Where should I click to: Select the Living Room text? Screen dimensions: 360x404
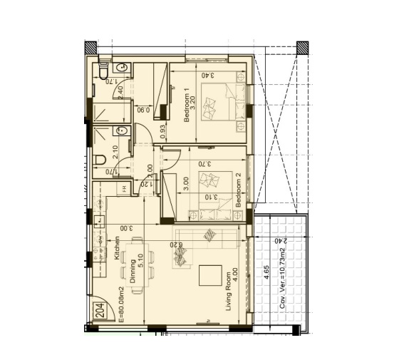click(229, 292)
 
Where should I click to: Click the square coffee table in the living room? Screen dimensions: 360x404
click(210, 275)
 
